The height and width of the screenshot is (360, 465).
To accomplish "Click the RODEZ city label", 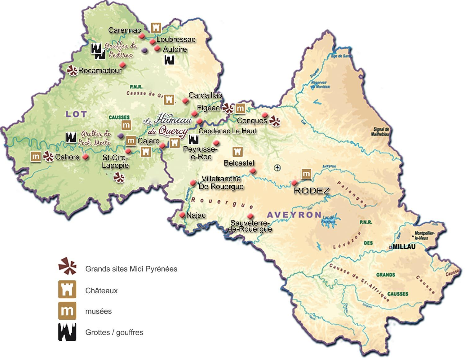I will point(312,191).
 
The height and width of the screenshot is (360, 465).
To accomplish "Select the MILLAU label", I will point(404,247).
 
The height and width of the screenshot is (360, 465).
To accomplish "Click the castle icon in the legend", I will point(67,290).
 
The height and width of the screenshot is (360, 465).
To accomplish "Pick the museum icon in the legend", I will point(67,311).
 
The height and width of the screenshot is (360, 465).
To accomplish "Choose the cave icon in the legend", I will point(67,332).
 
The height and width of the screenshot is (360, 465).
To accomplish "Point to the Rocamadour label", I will point(100,71).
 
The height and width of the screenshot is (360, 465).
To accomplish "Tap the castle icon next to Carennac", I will point(156,28).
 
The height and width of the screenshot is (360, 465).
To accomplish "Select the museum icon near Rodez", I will point(306,174).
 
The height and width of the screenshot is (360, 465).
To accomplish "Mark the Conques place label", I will point(252,121).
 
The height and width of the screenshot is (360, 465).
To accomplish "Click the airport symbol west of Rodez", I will point(277,168).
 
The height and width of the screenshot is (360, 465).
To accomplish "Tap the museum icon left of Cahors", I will point(36,157).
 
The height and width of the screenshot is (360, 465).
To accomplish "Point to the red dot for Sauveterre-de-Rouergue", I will point(250,216).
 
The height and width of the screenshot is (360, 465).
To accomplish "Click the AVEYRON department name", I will point(294,215).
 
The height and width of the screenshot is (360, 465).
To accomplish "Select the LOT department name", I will point(76,114).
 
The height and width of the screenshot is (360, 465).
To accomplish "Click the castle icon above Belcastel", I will point(237,152).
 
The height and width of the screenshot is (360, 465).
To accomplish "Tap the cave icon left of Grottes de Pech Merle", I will point(71,137).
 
